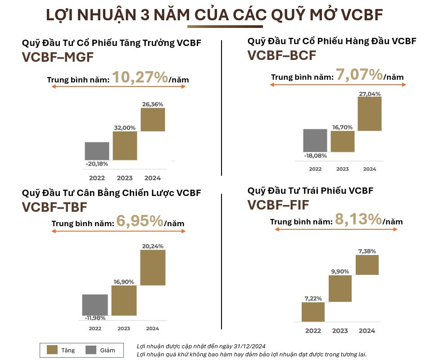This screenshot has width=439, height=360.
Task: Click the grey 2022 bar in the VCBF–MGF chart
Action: coord(97,151)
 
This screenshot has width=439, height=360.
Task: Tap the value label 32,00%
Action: coord(125,128)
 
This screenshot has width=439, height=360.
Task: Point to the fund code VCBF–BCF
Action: coord(281,55)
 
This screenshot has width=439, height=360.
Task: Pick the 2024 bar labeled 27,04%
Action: coord(370,114)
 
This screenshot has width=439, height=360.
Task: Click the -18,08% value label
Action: coord(315,155)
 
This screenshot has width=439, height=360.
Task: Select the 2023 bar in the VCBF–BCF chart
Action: coord(342,141)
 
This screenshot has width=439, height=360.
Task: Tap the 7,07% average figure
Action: coord(359,75)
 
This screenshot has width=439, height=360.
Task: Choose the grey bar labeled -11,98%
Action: coord(95,305)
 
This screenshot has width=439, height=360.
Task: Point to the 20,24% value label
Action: coord(152,246)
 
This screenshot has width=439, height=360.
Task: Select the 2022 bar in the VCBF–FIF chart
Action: coord(313,312)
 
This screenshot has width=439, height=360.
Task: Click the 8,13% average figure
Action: coord(358,220)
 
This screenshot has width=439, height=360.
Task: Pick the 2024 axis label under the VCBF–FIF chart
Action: coord(367,331)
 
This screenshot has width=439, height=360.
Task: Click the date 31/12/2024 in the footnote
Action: coord(250,346)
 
